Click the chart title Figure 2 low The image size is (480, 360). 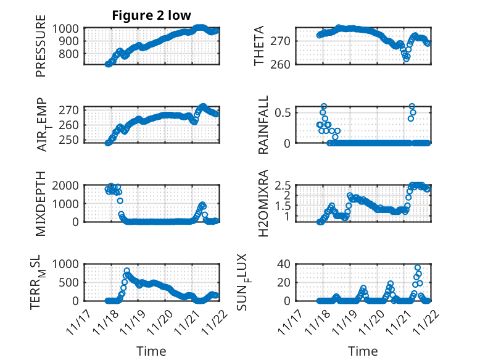[151, 15]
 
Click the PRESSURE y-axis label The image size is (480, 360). [41, 50]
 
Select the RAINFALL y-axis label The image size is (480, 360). [263, 125]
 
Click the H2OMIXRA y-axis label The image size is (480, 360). [263, 203]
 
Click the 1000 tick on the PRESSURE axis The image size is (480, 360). [66, 28]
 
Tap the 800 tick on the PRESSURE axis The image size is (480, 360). [69, 54]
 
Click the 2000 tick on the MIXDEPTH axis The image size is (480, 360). [66, 185]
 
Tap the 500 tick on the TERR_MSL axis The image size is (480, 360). [69, 282]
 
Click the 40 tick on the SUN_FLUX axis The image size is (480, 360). [286, 264]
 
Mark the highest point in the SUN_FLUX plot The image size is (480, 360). [418, 268]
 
